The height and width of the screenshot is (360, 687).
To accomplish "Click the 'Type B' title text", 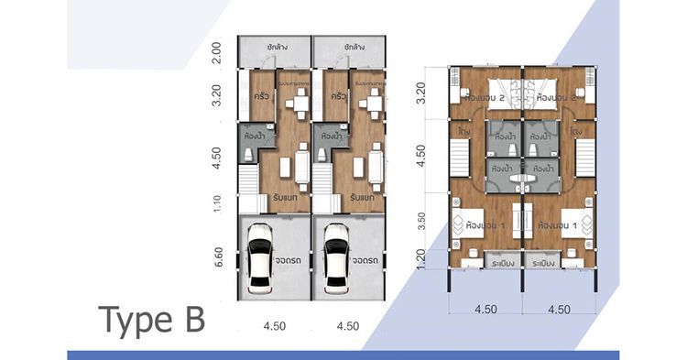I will pos(152,321).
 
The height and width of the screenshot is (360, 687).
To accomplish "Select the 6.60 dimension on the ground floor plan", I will pos(216,257).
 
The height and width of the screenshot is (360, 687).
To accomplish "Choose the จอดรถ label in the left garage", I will pos(290,258).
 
